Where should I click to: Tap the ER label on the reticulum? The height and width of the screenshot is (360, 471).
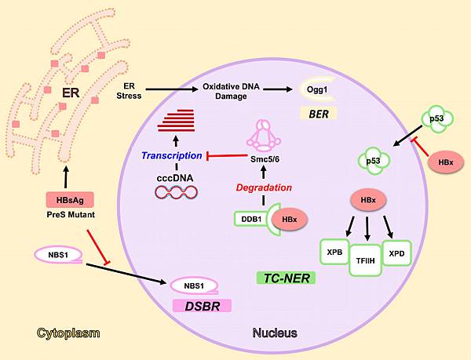point(71,95)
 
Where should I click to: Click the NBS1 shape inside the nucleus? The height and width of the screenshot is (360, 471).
point(206,285)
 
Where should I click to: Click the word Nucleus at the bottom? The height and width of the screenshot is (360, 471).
point(274,333)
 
